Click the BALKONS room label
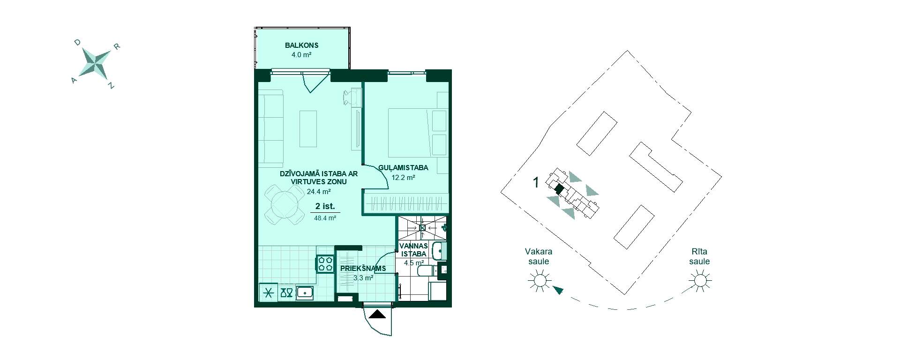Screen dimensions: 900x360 tap(301, 45)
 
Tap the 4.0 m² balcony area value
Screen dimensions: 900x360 tap(301, 55)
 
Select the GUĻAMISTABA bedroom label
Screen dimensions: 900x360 tap(403, 168)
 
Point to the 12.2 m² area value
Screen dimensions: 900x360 tap(403, 178)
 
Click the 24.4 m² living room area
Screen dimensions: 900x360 tap(319, 191)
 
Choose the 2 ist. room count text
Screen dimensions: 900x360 tap(325, 206)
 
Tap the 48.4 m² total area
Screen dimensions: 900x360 tap(325, 217)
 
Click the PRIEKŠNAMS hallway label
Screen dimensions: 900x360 tap(363, 269)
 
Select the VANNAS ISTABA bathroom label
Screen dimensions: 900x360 tap(413, 250)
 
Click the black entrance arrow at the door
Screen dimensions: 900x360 tap(378, 315)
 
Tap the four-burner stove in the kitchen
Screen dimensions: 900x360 tap(325, 263)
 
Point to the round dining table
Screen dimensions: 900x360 tap(285, 204)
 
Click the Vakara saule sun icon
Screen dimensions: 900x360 tap(539, 281)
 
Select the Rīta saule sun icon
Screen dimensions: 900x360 tap(700, 281)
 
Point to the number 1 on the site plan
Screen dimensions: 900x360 tap(537, 182)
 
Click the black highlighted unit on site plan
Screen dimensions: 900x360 tap(558, 189)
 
